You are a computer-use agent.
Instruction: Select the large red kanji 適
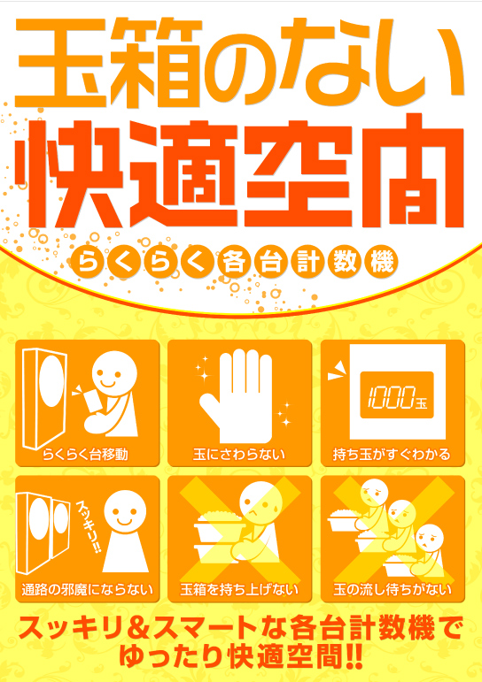(x=197, y=166)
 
